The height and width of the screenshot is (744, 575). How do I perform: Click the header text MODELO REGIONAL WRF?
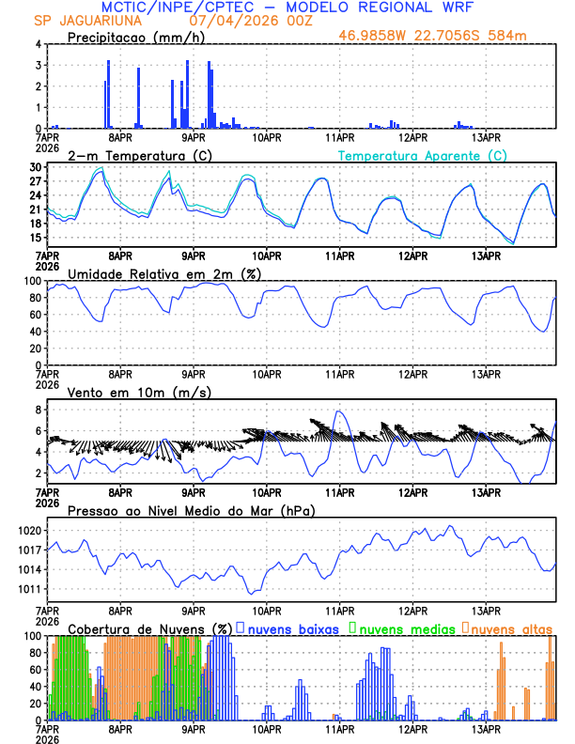coord(375,8)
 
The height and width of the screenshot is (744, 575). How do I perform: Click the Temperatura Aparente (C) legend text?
coord(423,155)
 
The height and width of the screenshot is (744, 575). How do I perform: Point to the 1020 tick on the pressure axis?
coord(31,531)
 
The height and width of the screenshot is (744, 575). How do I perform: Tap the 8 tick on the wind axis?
coord(40,410)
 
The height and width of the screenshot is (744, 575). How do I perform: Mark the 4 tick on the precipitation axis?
coord(40,44)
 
